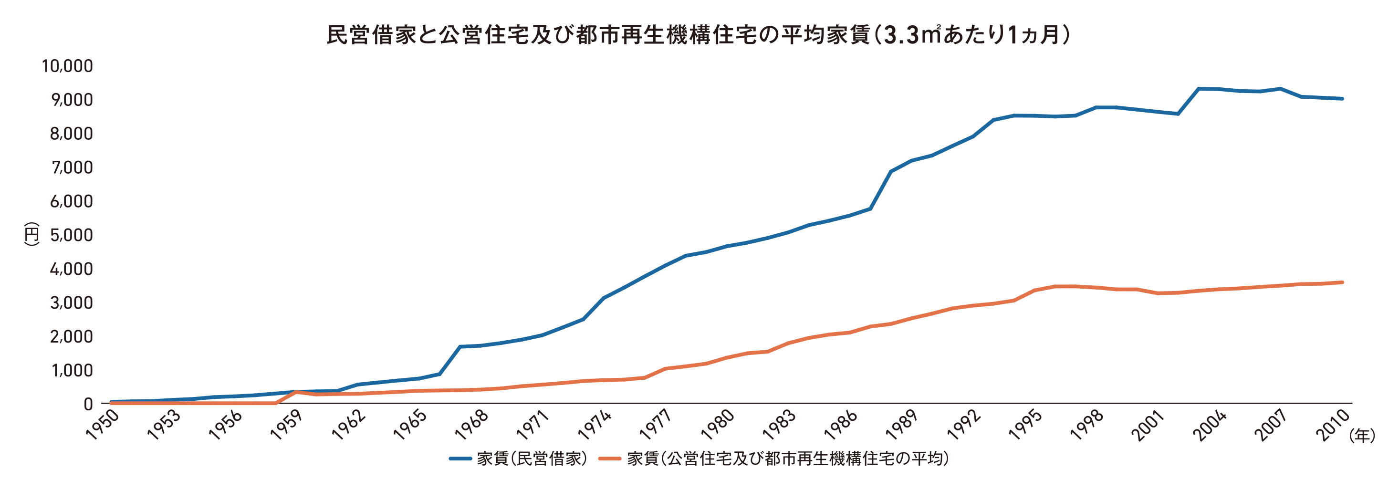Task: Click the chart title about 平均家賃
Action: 699,35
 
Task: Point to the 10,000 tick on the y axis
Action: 67,66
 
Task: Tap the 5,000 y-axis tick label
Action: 72,235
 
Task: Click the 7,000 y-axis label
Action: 72,167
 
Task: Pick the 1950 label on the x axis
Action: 102,425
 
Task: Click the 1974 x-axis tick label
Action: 595,425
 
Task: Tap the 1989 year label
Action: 901,425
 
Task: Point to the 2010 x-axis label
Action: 1332,425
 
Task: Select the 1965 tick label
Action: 410,425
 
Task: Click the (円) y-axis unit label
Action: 31,234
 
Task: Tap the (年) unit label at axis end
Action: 1362,435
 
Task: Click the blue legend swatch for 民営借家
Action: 459,459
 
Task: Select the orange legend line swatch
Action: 609,459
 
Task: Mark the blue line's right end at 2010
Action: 1342,99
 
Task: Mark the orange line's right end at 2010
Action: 1342,282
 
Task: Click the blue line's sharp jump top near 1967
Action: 460,346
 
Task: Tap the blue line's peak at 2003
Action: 1199,89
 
